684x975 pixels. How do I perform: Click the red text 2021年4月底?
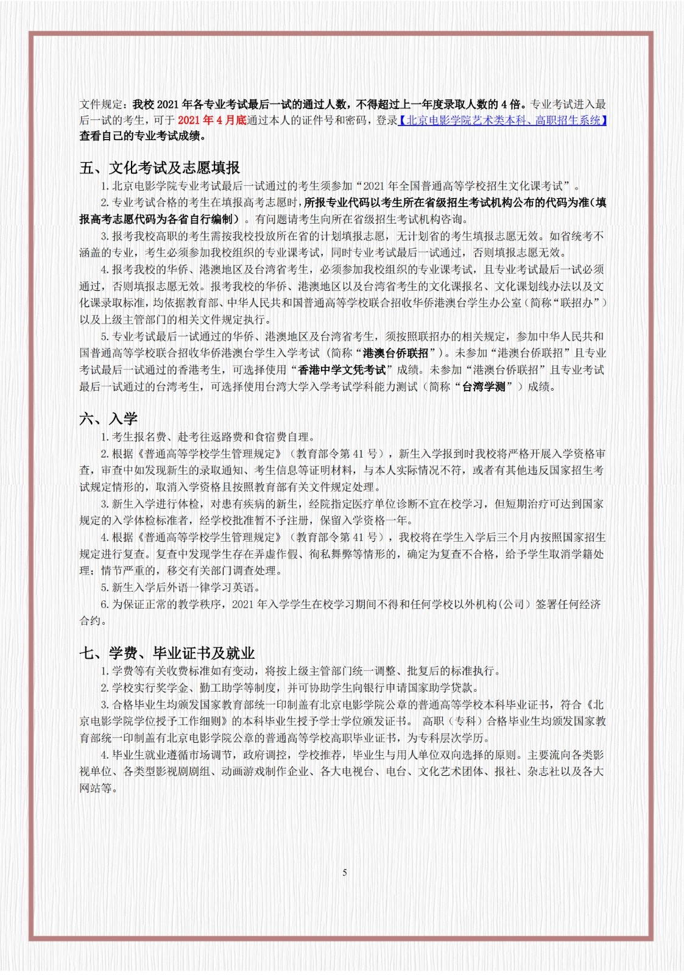[212, 120]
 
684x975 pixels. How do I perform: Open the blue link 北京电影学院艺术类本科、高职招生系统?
[503, 120]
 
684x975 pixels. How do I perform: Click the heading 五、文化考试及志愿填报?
[160, 168]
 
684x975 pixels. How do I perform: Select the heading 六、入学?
[108, 419]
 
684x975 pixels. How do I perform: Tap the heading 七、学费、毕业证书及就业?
[167, 653]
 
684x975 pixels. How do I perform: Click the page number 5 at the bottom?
[345, 873]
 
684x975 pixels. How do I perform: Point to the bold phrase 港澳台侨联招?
[395, 353]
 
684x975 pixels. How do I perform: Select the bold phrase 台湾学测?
[484, 386]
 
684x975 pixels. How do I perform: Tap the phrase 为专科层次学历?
[448, 738]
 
